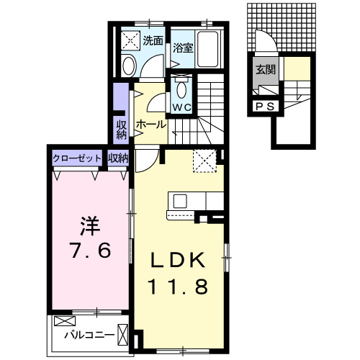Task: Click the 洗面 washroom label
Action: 152,40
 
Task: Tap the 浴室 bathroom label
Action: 183,48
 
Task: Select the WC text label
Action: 181,108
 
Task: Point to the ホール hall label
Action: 150,124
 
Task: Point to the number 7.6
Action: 89,251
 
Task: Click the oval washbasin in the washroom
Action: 128,67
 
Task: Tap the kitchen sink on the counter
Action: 179,200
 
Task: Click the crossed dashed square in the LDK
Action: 204,161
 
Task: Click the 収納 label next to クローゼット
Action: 118,158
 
